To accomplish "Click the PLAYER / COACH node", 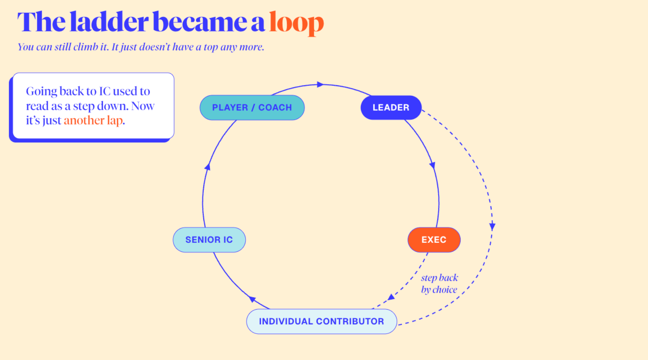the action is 252,107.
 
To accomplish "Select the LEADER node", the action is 391,107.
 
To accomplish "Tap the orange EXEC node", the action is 434,240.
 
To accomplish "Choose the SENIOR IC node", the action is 209,240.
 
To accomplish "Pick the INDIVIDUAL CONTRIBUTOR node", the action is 321,321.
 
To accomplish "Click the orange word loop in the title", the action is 296,23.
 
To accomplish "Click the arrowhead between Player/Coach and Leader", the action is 320,85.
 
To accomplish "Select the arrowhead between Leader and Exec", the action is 433,165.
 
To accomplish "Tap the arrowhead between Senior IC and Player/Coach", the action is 208,166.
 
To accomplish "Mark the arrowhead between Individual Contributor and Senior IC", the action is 252,299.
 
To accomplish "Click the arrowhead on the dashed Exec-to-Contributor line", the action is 391,297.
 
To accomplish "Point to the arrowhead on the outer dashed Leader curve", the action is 492,227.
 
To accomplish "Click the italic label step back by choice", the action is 439,284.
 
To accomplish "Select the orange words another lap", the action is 93,120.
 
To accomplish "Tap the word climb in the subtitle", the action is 86,47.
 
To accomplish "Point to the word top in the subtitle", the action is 211,47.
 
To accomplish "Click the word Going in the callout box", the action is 42,92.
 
